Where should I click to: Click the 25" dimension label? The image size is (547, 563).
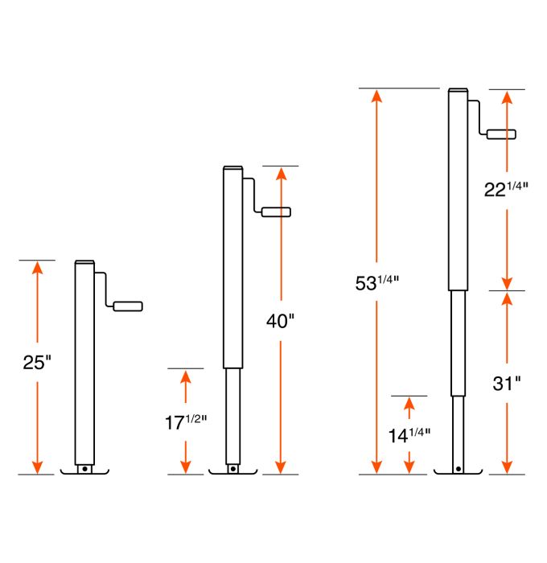[x=37, y=363]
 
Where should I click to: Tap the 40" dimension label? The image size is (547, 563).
[x=280, y=321]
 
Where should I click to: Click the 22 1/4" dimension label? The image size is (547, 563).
[x=506, y=190]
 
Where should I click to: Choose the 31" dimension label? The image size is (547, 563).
[x=507, y=384]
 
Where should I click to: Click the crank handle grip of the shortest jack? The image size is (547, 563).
[x=128, y=306]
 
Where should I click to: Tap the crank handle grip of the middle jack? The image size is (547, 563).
[x=276, y=212]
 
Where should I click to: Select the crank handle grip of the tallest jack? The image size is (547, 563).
[x=500, y=134]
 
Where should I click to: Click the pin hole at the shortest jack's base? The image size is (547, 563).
[x=84, y=468]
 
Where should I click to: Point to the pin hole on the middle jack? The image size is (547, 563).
[x=232, y=468]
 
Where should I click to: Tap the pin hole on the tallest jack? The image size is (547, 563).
[x=458, y=468]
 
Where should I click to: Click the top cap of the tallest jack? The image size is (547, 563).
[x=458, y=90]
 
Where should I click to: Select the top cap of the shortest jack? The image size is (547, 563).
[x=84, y=263]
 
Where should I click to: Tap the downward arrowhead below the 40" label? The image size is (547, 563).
[x=280, y=467]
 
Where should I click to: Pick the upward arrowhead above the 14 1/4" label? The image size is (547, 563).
[x=409, y=404]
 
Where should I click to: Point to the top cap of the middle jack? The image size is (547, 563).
[x=232, y=168]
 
